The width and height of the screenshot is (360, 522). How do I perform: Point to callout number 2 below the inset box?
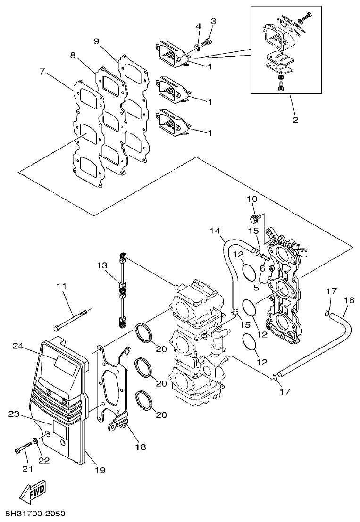[295, 120]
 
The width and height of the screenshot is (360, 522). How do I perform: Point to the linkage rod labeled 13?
[122, 290]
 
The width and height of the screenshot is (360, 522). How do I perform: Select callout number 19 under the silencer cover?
[100, 470]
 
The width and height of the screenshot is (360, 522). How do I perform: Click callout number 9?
[96, 41]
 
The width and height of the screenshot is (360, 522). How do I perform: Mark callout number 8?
[73, 55]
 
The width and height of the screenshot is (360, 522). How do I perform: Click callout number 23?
[15, 414]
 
